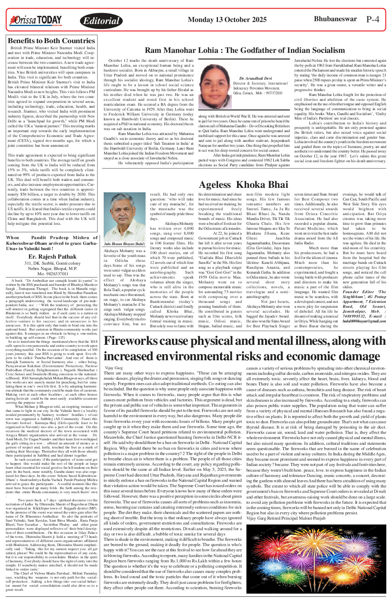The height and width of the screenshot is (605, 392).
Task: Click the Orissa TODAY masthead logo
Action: pos(36,20)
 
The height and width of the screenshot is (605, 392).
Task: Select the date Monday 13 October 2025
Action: pos(227,19)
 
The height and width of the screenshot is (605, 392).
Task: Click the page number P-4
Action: pos(372,20)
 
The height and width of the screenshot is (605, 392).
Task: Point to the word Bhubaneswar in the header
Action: pos(335,19)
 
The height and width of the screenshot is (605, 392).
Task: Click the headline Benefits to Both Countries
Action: pos(51,41)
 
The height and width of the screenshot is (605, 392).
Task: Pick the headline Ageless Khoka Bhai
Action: pos(244,185)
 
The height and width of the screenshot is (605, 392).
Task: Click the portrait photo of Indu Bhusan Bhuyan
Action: pos(124,217)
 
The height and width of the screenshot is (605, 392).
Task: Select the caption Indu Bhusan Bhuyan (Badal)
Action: pos(124,244)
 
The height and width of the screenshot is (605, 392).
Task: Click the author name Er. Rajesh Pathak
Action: pos(52,257)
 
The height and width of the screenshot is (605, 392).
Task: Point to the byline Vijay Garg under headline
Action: pos(113,368)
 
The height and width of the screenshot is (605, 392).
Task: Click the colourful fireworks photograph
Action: pos(316,558)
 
